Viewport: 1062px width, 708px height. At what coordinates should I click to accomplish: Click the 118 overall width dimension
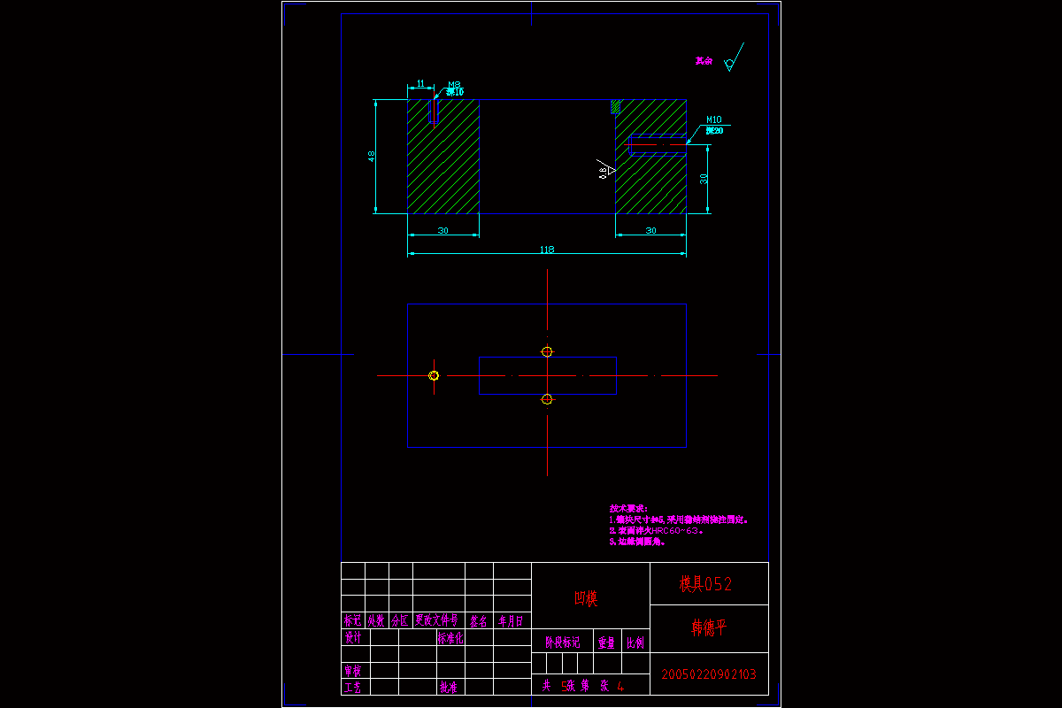pos(547,250)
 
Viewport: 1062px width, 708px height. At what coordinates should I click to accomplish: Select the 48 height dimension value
pos(372,156)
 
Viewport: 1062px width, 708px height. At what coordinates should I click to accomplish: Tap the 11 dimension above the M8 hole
pos(420,83)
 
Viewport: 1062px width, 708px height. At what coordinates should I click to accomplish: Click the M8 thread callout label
pos(454,85)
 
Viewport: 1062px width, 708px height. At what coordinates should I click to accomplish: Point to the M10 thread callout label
pos(714,119)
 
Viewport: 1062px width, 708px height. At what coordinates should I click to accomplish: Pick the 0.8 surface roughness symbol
pos(607,170)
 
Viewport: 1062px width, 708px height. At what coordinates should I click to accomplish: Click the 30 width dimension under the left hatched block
pos(442,231)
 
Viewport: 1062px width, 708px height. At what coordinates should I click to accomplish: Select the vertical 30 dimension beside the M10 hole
pos(704,178)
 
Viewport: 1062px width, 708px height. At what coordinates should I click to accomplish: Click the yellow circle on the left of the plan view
pos(434,375)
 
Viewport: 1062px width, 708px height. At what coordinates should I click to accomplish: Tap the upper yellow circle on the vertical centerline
pos(547,351)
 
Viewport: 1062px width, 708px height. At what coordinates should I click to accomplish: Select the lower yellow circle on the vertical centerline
pos(547,399)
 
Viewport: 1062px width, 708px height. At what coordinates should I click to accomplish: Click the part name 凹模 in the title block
pos(586,599)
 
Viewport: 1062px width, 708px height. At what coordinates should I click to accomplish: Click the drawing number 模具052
pos(705,584)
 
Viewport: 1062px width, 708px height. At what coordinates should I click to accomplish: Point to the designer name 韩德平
pos(708,627)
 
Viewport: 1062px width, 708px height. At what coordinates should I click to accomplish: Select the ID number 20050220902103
pos(708,674)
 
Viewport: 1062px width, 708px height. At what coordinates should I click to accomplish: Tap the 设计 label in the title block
pos(353,637)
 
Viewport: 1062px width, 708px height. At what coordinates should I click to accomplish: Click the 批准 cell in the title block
pos(449,687)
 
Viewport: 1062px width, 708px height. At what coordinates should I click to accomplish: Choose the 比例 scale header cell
pos(635,643)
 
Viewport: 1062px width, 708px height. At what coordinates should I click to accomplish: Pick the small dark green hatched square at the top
pos(615,106)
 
